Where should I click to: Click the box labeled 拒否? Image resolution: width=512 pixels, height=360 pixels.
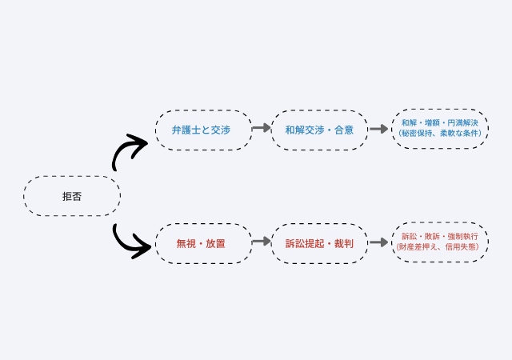point(72,196)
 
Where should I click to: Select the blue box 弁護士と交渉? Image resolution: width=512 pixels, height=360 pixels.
point(203,130)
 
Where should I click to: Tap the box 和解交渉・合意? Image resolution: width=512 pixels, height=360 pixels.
point(319,130)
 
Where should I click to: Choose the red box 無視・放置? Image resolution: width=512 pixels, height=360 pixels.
point(203,242)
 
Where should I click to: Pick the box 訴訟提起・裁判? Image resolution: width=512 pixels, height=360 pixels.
point(319,242)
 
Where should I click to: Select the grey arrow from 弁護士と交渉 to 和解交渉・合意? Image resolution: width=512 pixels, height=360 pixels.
point(262,128)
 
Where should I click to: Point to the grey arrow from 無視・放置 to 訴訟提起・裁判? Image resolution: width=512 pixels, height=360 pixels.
point(262,241)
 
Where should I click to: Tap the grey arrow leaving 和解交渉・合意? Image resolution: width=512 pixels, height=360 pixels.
point(378,128)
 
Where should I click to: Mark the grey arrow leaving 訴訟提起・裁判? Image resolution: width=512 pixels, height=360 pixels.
point(378,241)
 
